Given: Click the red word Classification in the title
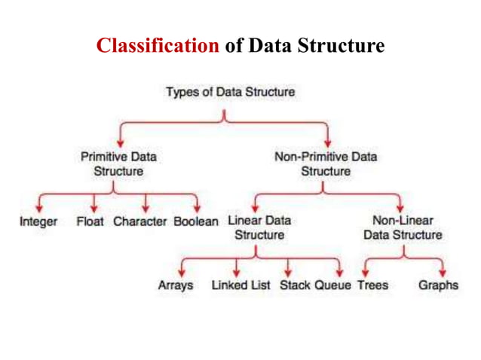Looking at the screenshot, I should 157,47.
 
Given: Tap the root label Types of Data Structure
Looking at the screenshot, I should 230,93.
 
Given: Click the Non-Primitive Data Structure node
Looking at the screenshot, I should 326,164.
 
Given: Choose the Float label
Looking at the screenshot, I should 90,222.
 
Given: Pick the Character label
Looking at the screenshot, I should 141,222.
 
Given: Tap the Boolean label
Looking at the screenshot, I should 196,222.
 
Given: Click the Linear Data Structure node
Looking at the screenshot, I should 259,228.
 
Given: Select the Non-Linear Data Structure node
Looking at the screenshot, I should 403,228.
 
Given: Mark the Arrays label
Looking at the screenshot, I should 176,286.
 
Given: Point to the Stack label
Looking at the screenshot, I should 295,286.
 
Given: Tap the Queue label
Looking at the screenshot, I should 332,286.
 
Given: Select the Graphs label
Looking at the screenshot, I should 438,286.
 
